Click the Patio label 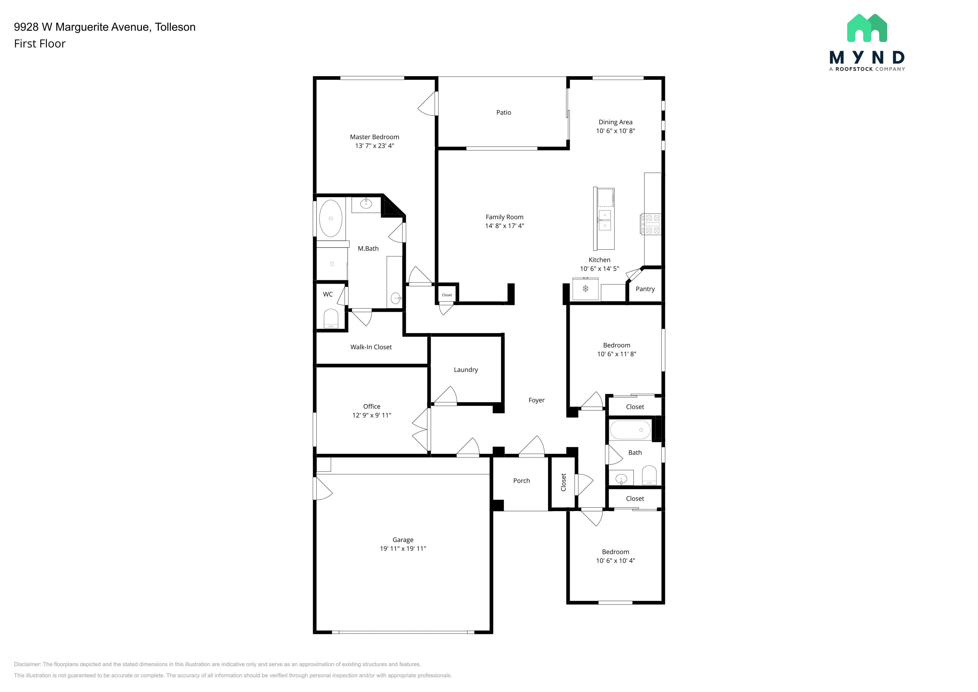coord(503,112)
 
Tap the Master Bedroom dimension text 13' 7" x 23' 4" coord(374,146)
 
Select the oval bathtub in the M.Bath coord(331,218)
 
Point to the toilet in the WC coord(331,319)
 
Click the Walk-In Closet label coord(371,347)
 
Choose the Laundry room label coord(466,370)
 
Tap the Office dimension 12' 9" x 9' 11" coord(371,415)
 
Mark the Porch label coord(521,481)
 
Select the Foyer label coord(536,400)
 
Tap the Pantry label coord(645,289)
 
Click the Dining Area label coord(616,122)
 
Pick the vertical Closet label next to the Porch coord(563,482)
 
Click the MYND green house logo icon coord(867,28)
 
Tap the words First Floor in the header coord(40,44)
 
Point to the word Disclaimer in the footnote coord(28,664)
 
